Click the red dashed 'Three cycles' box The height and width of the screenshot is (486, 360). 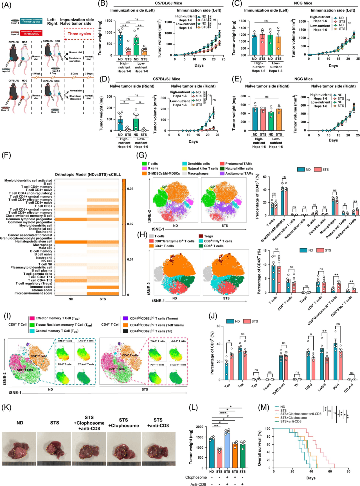(79, 34)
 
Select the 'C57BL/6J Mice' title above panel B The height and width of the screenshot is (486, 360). (168, 3)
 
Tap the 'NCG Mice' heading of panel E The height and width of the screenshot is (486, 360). (303, 79)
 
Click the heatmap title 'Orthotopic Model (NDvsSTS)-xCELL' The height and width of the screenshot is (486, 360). (88, 175)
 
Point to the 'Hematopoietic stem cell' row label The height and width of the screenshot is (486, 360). (34, 242)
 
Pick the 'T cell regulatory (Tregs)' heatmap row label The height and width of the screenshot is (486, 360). (34, 283)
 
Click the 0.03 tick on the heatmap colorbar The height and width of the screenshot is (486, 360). (130, 189)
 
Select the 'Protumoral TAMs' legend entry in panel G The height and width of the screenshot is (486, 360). (239, 164)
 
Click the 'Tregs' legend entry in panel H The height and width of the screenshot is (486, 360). (208, 236)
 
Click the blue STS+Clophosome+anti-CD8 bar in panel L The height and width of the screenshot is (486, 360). (227, 449)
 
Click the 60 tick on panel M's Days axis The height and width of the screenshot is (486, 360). (330, 471)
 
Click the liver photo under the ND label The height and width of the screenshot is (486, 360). (19, 448)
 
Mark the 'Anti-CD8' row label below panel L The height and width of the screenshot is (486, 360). (198, 484)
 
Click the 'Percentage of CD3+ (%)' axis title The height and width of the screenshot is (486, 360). (212, 353)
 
